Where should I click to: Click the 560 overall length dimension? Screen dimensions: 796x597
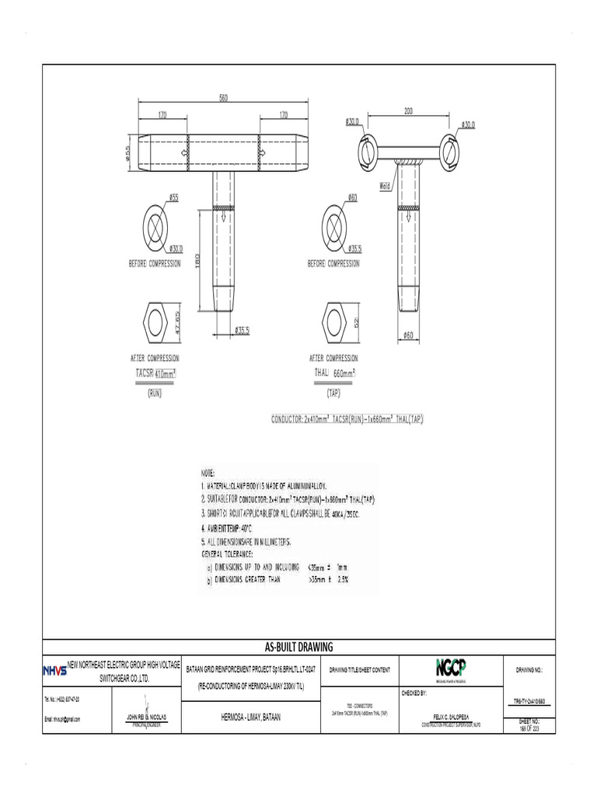(224, 98)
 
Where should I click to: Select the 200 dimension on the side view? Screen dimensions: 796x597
(408, 111)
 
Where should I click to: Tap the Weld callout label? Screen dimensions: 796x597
(385, 186)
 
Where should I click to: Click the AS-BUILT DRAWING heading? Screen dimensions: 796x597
(298, 647)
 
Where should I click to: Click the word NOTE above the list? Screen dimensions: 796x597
(208, 473)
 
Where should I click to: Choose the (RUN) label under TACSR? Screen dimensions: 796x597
(154, 394)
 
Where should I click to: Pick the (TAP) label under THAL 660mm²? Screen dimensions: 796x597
(333, 394)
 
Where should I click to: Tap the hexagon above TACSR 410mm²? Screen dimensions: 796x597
(155, 320)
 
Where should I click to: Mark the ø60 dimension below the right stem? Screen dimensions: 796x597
(408, 335)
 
